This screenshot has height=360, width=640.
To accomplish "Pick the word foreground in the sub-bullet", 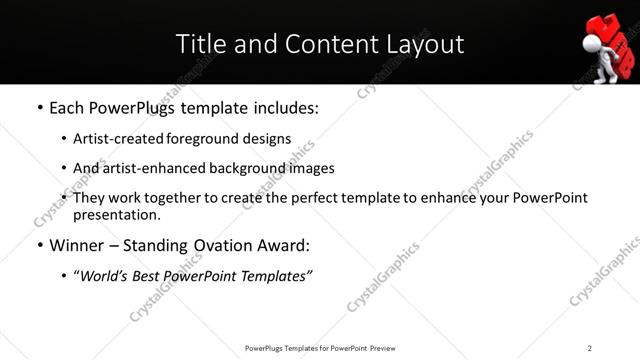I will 205,139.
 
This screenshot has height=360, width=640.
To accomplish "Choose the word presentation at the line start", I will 115,214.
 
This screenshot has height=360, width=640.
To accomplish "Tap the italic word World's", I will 105,276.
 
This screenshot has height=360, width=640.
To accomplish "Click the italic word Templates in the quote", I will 273,276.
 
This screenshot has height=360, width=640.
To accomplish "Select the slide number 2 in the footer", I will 590,348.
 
